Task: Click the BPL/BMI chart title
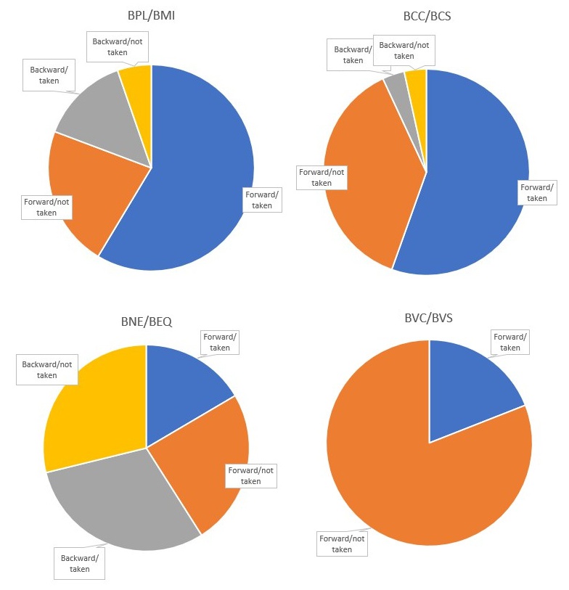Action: (x=152, y=16)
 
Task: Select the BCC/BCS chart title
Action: (x=427, y=16)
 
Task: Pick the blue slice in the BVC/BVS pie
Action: (x=464, y=385)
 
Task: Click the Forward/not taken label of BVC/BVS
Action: (x=342, y=544)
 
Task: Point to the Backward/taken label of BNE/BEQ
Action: (x=80, y=563)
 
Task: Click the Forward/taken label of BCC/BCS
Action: (x=537, y=193)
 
